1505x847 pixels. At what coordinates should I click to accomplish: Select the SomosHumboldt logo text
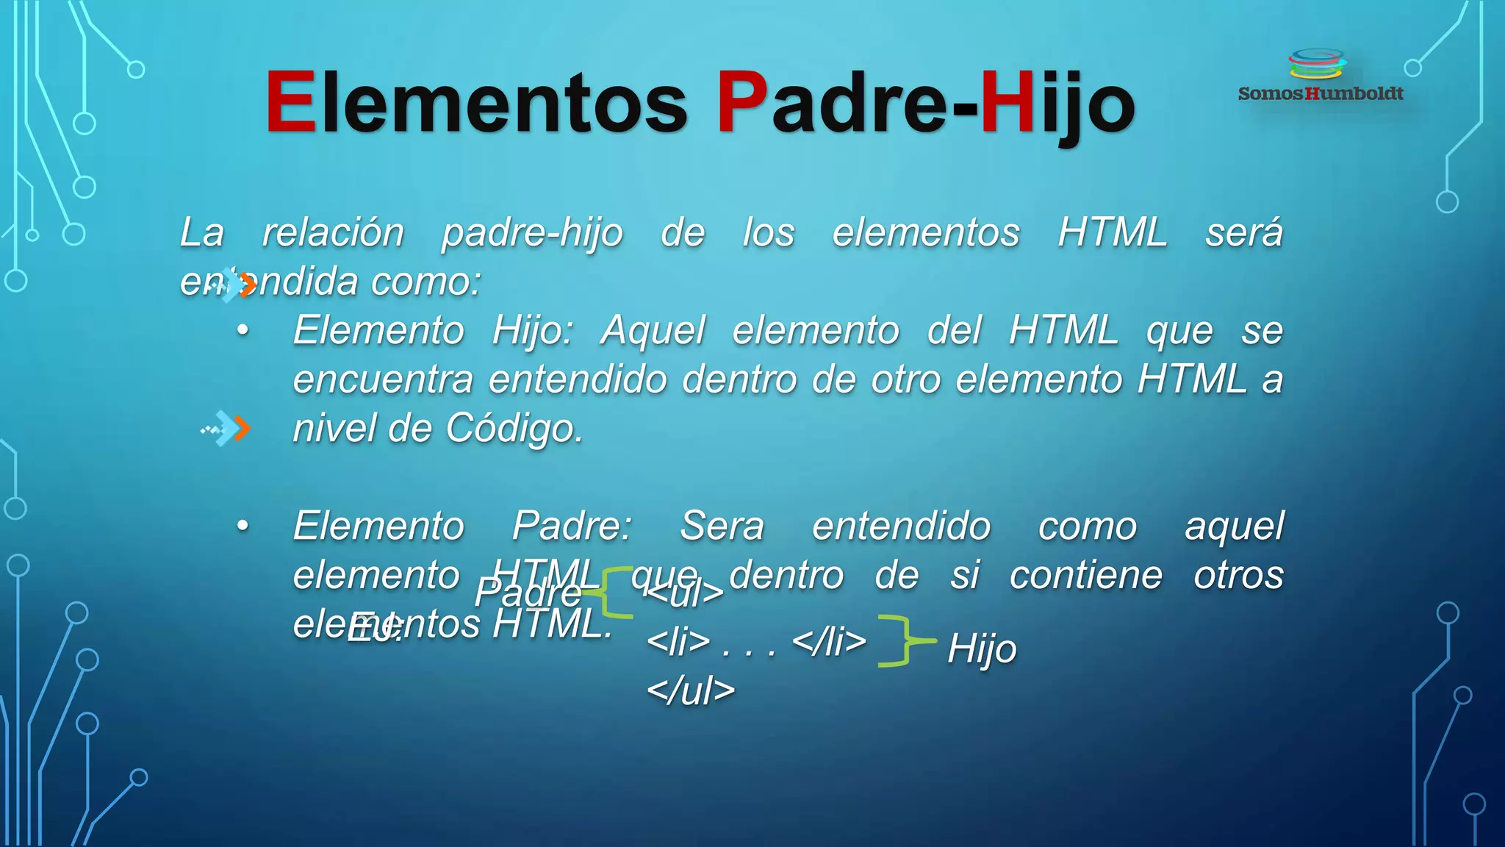pyautogui.click(x=1321, y=93)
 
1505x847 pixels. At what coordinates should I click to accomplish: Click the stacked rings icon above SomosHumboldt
pyautogui.click(x=1317, y=64)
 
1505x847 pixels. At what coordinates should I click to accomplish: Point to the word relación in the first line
pyautogui.click(x=333, y=232)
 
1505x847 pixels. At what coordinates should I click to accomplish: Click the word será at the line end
pyautogui.click(x=1243, y=232)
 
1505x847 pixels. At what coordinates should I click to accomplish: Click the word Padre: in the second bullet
pyautogui.click(x=572, y=526)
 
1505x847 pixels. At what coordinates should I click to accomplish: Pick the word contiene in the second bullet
pyautogui.click(x=1085, y=575)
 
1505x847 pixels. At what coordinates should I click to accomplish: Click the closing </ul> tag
pyautogui.click(x=691, y=690)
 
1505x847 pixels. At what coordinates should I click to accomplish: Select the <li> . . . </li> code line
pyautogui.click(x=756, y=641)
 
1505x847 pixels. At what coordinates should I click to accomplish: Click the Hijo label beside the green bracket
pyautogui.click(x=982, y=648)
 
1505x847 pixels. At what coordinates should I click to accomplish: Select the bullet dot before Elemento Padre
pyautogui.click(x=243, y=526)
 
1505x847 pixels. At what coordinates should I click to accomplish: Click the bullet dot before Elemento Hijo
pyautogui.click(x=243, y=331)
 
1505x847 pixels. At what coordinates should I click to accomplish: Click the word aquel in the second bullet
pyautogui.click(x=1234, y=526)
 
